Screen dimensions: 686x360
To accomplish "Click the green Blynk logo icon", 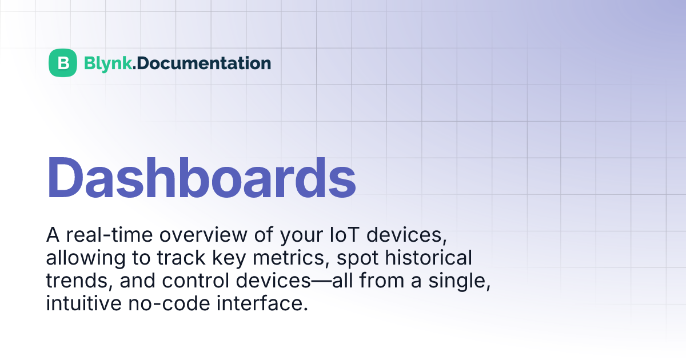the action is click(63, 63).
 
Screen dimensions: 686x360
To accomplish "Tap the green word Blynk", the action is click(108, 63).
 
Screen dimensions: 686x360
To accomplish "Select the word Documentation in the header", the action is click(204, 63).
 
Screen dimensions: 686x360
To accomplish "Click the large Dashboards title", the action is click(201, 178).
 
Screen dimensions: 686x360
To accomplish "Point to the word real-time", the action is click(109, 235).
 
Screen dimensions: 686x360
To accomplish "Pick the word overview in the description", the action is click(204, 235).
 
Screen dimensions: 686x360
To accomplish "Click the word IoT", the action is click(345, 235).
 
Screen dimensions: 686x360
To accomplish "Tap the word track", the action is click(181, 258).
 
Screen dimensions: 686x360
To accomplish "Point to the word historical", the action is click(429, 258).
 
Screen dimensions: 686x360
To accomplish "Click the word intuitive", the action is click(83, 303).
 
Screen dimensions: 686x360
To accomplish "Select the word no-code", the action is click(169, 303).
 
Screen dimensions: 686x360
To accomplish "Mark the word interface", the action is click(262, 303).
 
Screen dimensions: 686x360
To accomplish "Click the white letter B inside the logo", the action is click(63, 63).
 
